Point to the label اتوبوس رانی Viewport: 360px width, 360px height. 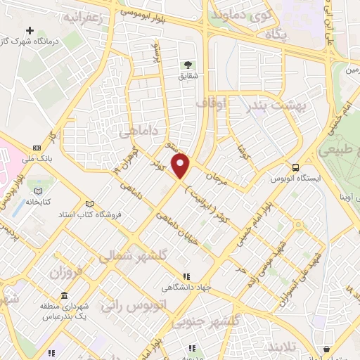129,304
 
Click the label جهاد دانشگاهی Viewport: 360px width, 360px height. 186,288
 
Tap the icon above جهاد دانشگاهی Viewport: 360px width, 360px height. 186,277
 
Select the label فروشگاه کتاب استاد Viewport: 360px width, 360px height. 89,213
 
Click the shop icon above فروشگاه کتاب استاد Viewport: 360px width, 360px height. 89,203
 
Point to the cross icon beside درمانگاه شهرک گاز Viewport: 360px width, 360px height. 29,31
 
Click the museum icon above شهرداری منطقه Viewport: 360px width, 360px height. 64,295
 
